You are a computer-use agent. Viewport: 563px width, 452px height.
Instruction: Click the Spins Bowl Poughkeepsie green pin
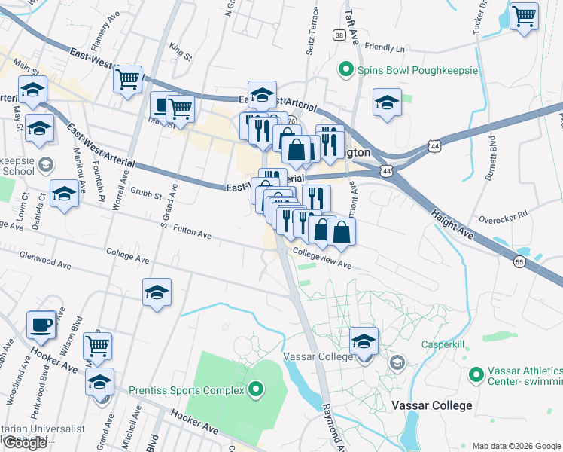[346, 70]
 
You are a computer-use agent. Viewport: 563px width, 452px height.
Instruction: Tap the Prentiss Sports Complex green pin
[257, 390]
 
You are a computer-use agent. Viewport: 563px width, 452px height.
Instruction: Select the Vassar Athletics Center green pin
[476, 374]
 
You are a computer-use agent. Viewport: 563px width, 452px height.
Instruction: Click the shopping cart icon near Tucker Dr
[524, 15]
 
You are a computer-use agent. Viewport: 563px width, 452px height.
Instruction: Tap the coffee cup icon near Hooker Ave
[41, 325]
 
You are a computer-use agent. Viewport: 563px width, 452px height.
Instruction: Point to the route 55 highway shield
[519, 261]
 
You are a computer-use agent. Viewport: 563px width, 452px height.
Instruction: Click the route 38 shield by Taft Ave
[340, 35]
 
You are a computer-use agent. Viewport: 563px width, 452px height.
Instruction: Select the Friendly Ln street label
[384, 47]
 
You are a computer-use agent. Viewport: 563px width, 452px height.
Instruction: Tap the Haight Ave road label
[452, 224]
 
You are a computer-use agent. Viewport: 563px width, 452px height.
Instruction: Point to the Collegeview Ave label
[323, 259]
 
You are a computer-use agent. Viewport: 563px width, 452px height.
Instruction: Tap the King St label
[181, 51]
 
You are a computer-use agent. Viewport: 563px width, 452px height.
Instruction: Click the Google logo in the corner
[25, 443]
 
